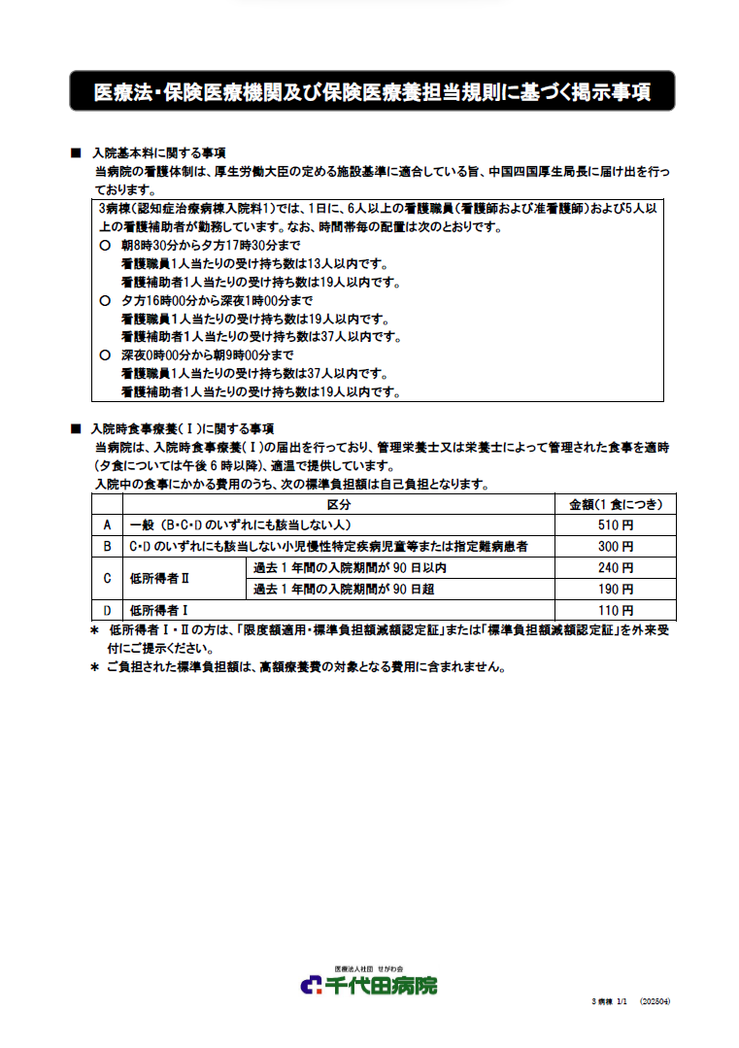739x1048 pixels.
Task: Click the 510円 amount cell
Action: (x=616, y=524)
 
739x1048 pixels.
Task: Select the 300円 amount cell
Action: (x=616, y=546)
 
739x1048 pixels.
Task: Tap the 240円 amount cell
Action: (x=616, y=567)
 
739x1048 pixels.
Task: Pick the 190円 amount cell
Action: (x=616, y=589)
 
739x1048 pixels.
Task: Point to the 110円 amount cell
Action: (x=616, y=610)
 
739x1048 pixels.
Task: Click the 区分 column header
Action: (x=338, y=504)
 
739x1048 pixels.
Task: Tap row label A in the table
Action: (x=107, y=524)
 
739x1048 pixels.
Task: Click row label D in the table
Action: (x=107, y=610)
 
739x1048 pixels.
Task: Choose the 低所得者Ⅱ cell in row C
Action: (x=159, y=578)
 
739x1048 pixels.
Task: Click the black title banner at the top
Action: (x=371, y=91)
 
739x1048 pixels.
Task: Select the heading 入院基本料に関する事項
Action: (x=159, y=153)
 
